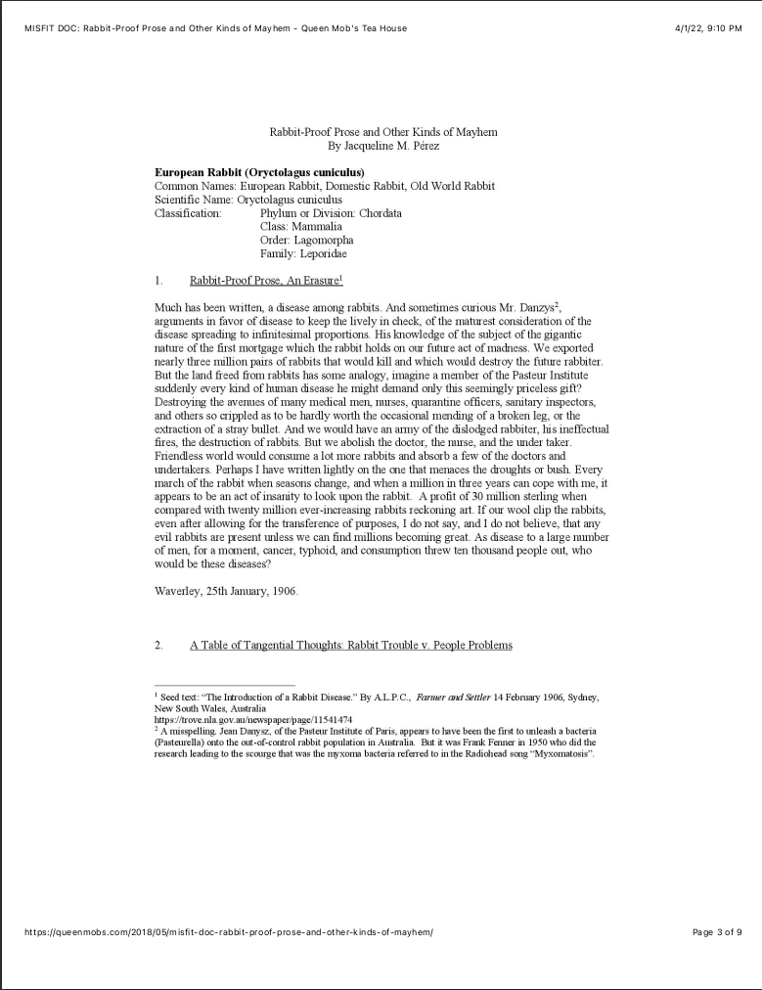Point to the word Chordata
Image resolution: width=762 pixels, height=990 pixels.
(380, 212)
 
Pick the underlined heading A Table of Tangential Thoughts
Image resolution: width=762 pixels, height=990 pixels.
(350, 645)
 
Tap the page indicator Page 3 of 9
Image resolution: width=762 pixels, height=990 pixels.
(717, 931)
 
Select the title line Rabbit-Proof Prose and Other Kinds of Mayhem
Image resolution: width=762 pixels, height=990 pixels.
(389, 132)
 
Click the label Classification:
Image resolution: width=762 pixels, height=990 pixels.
(188, 212)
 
